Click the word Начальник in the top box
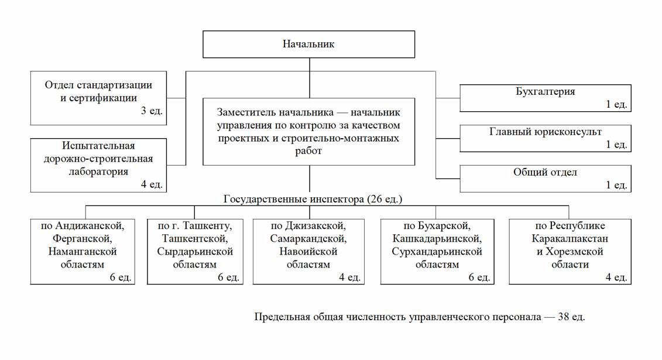pos(308,44)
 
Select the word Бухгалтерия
pos(545,91)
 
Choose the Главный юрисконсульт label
pos(545,132)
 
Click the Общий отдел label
pos(545,172)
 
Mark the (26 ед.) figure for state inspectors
pos(385,199)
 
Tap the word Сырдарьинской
pos(195,251)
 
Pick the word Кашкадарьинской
pos(437,238)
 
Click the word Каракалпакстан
pos(570,238)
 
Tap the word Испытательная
pos(98,146)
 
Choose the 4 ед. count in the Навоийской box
pos(349,277)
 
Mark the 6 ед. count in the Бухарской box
pos(478,277)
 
